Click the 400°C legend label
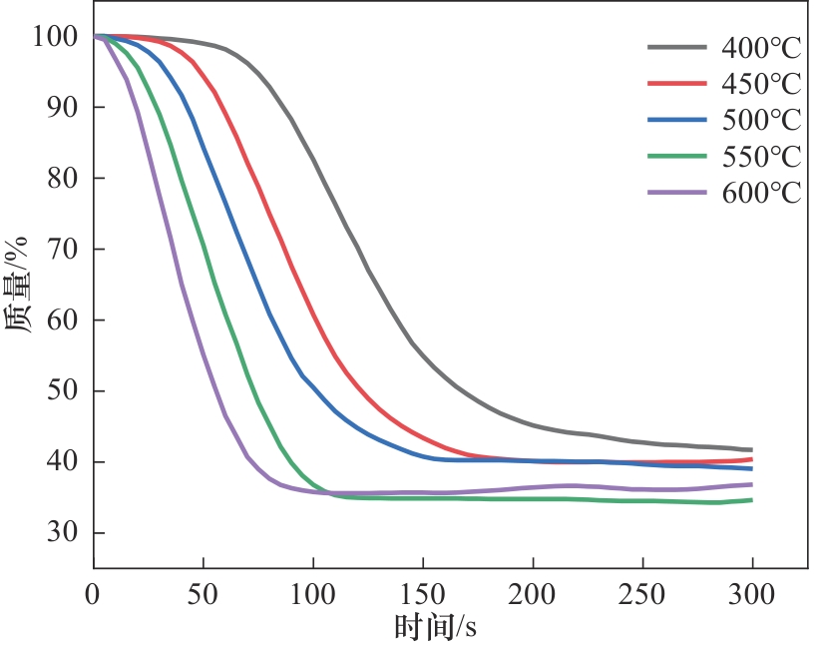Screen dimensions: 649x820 761,48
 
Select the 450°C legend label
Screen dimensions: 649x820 761,84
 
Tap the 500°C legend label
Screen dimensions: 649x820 761,120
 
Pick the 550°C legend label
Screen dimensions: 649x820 761,156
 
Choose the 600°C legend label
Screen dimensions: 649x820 761,193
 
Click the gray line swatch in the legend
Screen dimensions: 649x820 677,47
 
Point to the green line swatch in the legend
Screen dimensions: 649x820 677,156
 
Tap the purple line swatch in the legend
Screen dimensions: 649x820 677,192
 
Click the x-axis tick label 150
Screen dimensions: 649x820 423,594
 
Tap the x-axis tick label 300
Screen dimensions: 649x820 752,594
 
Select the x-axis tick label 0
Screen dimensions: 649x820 94,594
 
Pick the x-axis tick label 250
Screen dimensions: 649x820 642,594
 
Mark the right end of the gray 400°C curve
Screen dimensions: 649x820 751,450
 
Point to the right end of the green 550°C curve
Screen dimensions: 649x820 751,499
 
